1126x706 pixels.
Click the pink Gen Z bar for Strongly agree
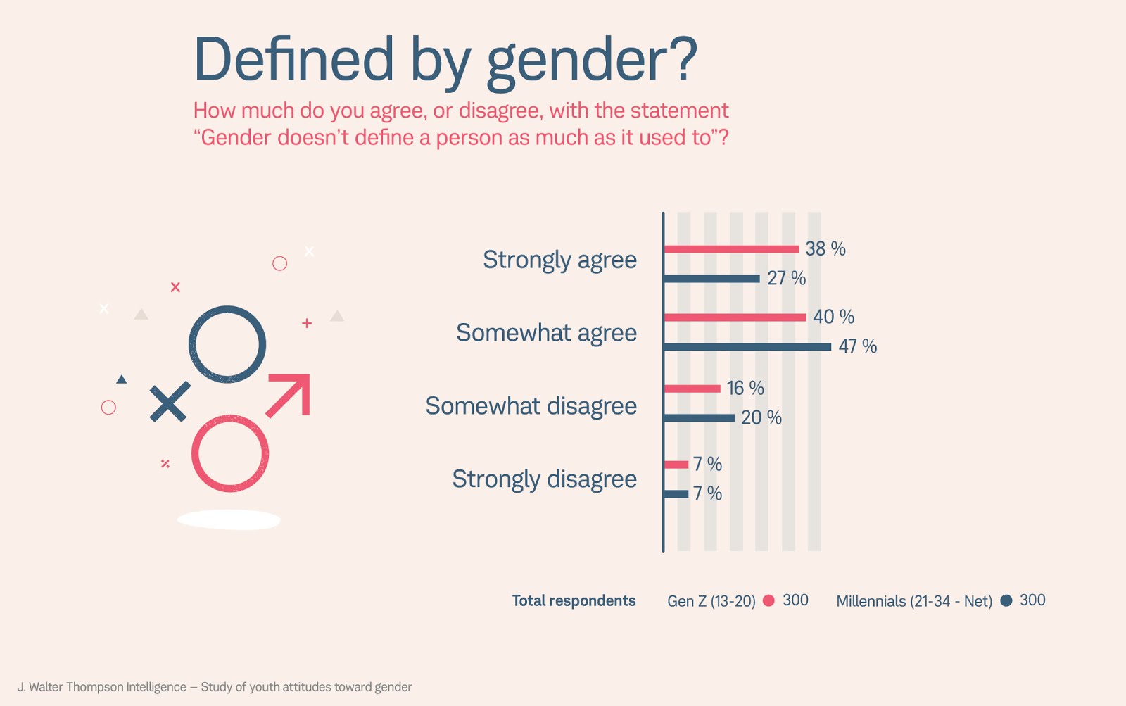731,249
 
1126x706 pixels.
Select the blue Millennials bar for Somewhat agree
747,346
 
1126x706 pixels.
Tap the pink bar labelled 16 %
692,389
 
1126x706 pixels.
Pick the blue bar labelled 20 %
700,418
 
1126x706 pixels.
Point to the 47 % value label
857,346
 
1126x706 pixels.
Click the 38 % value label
825,249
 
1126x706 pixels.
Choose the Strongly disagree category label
544,479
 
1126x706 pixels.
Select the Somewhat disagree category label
531,406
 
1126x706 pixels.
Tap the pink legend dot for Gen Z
768,600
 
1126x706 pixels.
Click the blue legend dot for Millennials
1006,600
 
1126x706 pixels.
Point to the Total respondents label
574,601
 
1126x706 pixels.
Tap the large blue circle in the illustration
227,344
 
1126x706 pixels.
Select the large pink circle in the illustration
230,453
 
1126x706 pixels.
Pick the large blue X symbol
170,402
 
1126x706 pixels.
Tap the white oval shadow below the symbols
229,520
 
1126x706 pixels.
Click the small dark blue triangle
122,379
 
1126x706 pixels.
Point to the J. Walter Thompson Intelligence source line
215,687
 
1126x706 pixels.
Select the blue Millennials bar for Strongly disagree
676,494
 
